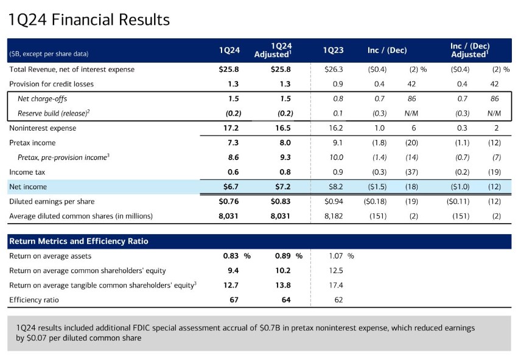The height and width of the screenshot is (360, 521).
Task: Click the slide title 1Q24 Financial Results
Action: [89, 19]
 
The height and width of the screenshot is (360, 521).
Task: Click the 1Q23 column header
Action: [334, 50]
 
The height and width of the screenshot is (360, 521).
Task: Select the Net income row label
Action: [28, 187]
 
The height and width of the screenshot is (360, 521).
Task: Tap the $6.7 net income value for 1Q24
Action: [229, 187]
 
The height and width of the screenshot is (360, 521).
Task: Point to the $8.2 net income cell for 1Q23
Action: [334, 187]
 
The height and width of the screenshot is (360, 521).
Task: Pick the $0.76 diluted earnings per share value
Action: [229, 201]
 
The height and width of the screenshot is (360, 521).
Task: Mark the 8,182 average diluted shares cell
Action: [332, 216]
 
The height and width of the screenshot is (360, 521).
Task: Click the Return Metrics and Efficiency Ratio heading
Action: [79, 241]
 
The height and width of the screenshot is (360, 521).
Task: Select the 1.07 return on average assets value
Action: [335, 256]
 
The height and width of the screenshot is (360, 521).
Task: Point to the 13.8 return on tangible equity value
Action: [282, 285]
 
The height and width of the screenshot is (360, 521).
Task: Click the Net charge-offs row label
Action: [42, 99]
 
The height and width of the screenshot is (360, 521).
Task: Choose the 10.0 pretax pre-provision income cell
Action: [334, 157]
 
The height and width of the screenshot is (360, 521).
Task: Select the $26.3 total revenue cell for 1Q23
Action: [334, 69]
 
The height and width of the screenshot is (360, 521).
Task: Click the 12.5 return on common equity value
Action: [335, 271]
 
